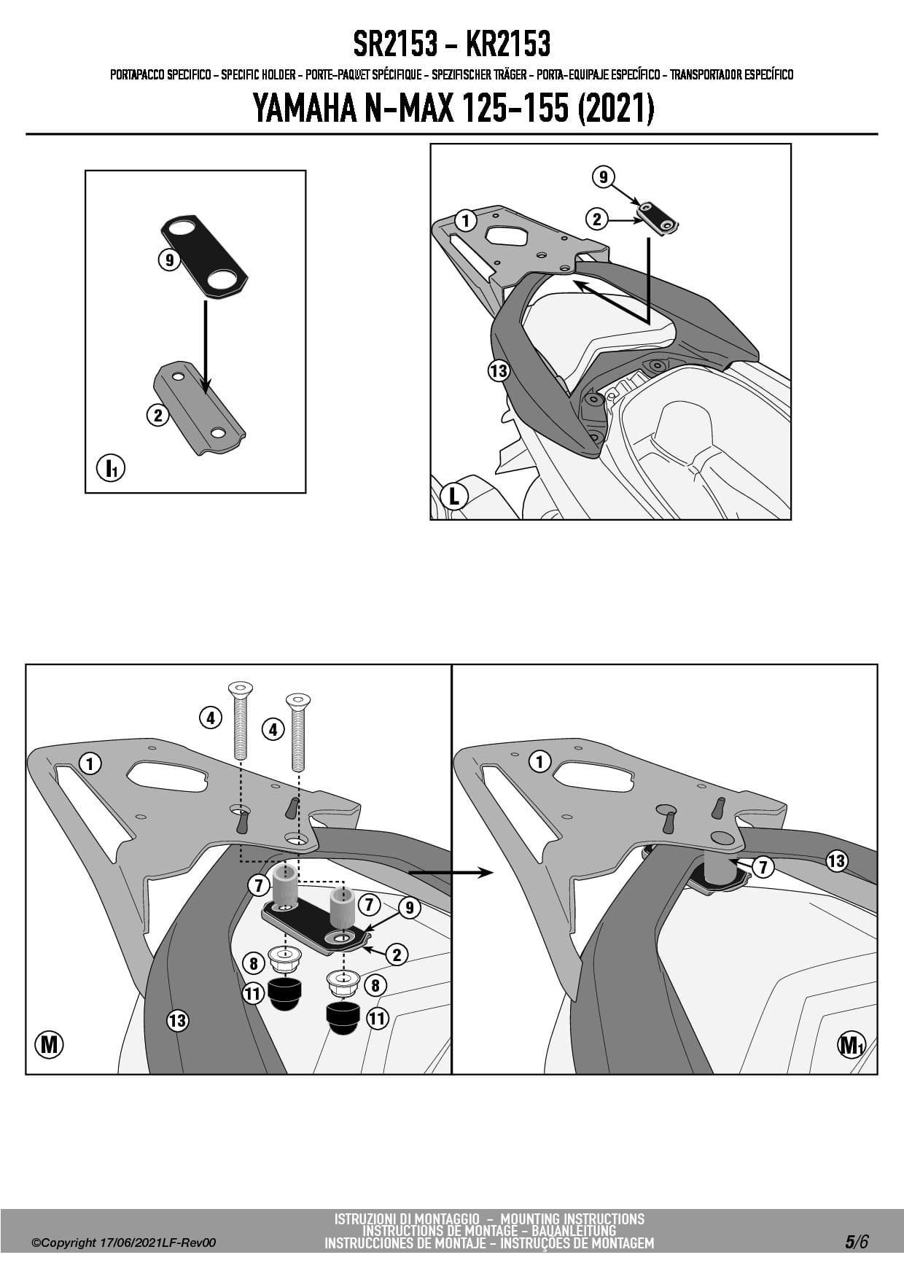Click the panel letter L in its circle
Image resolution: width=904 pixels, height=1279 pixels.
point(453,497)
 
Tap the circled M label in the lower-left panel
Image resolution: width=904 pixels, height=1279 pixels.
point(49,1045)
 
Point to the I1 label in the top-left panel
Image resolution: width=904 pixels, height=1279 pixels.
point(111,467)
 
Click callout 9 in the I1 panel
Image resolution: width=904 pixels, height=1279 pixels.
point(169,259)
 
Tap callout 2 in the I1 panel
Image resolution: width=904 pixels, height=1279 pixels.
point(157,416)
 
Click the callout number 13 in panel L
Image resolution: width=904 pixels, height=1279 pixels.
point(498,371)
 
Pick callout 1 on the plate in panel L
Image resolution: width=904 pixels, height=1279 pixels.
point(465,219)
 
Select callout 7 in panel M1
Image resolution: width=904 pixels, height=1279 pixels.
point(763,867)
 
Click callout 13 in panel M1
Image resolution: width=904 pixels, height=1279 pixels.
point(836,861)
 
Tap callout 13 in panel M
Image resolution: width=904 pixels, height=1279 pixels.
point(177,1020)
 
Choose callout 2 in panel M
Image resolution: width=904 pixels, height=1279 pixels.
point(397,954)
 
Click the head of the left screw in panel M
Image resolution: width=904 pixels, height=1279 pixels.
point(240,687)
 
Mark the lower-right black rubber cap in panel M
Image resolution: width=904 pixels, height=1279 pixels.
point(342,1018)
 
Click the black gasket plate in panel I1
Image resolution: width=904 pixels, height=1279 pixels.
point(204,256)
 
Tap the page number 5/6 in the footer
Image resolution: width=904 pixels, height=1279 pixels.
point(857,1242)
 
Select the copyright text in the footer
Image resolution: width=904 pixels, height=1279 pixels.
point(124,1243)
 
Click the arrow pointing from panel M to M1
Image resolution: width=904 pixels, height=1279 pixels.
point(451,872)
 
